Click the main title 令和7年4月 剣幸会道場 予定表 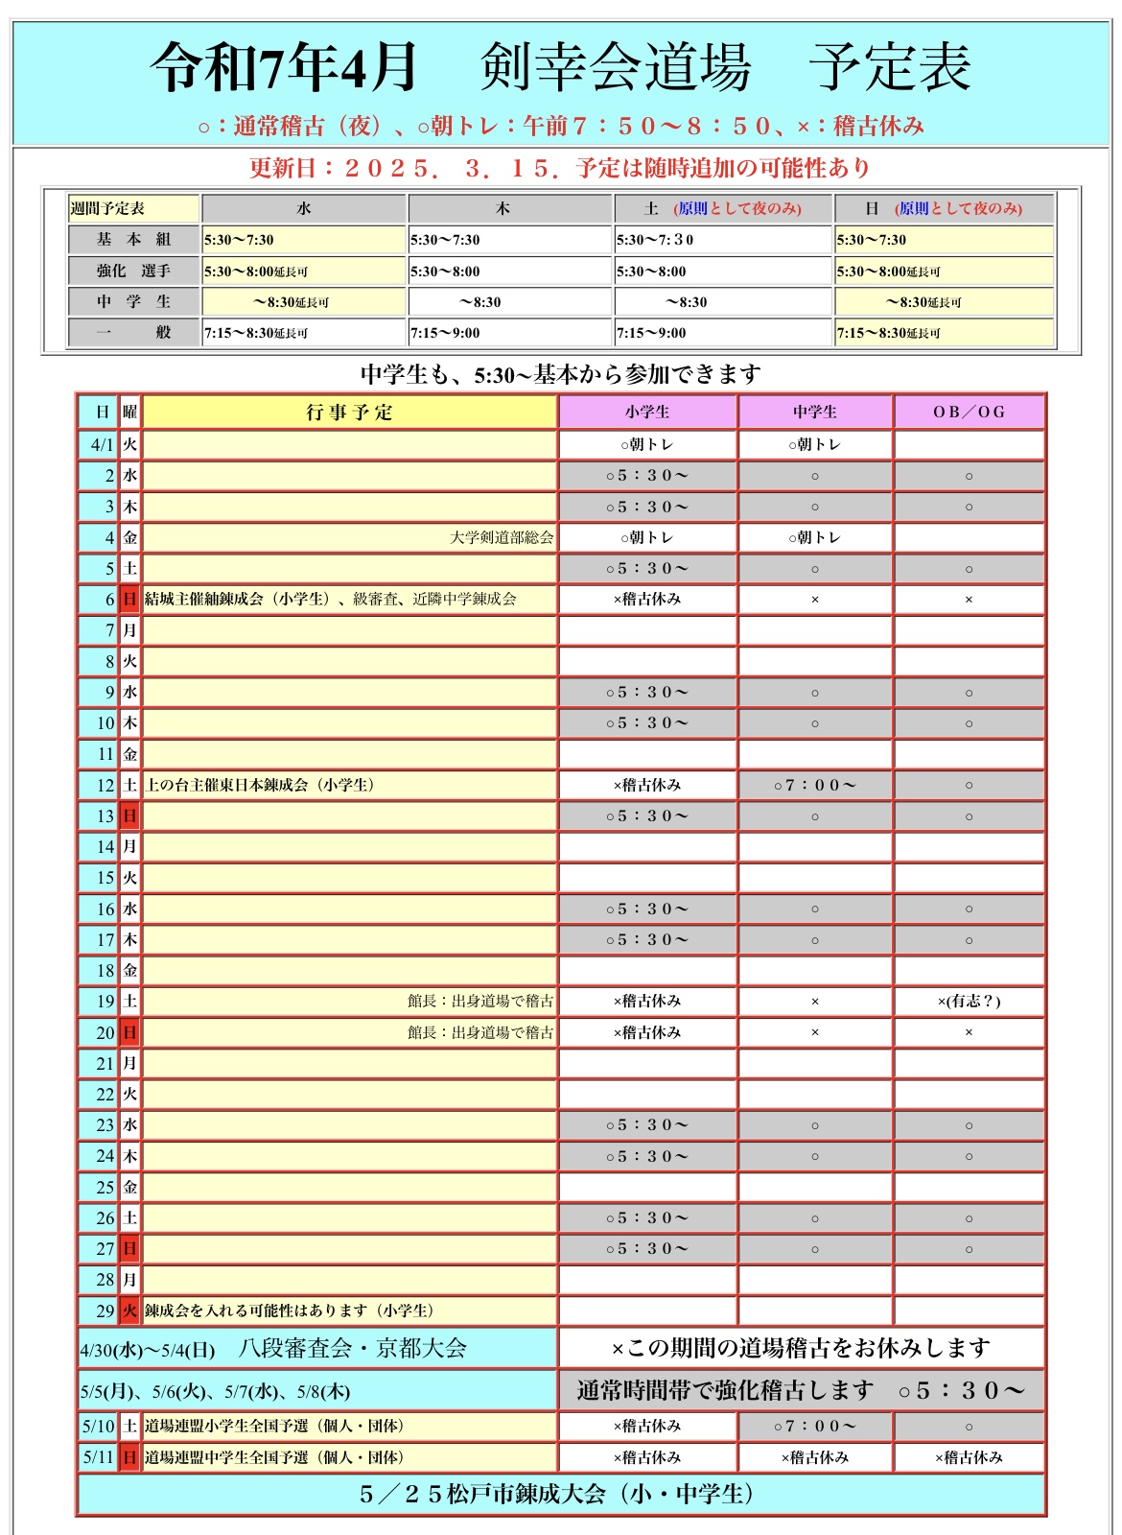[561, 67]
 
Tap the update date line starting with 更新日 [561, 168]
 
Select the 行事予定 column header [349, 413]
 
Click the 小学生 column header [647, 413]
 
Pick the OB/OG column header [969, 413]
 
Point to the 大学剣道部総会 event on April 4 [502, 537]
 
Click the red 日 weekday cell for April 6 [129, 600]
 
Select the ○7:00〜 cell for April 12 [814, 786]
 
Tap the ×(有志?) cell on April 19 [969, 1002]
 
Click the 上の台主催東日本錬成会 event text [259, 786]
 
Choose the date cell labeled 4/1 [101, 445]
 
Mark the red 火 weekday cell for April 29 [129, 1311]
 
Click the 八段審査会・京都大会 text [352, 1349]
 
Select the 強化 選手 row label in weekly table [133, 272]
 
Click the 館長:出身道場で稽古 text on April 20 [479, 1032]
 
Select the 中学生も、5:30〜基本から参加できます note [561, 374]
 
